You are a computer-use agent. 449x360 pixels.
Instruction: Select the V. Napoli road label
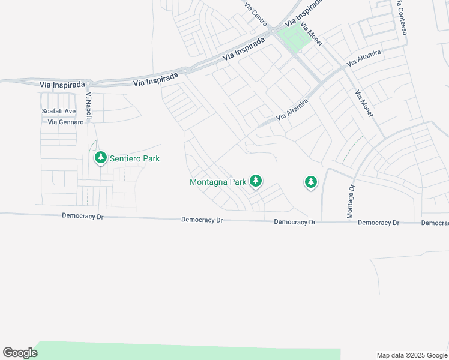coord(88,106)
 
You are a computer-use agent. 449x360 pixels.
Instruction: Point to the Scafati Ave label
coord(59,111)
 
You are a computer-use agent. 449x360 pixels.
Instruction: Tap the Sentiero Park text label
coord(134,158)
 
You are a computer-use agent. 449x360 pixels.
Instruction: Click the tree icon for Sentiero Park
coord(100,158)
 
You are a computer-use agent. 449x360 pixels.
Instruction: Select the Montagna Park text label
coord(218,181)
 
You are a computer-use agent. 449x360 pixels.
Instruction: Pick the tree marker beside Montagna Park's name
coord(256,181)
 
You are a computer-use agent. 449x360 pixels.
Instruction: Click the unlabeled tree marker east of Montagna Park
coord(310,181)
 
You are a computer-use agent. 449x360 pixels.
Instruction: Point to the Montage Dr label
coord(352,201)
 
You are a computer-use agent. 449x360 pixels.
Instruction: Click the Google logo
coord(20,353)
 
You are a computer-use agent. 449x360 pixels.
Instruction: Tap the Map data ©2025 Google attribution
coord(412,355)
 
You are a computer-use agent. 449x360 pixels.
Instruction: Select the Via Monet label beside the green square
coord(312,34)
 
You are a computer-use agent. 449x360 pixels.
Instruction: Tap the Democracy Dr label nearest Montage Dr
coord(378,223)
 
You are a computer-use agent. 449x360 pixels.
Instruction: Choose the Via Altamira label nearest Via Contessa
coord(364,59)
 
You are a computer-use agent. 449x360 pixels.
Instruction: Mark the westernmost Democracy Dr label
coord(82,215)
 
